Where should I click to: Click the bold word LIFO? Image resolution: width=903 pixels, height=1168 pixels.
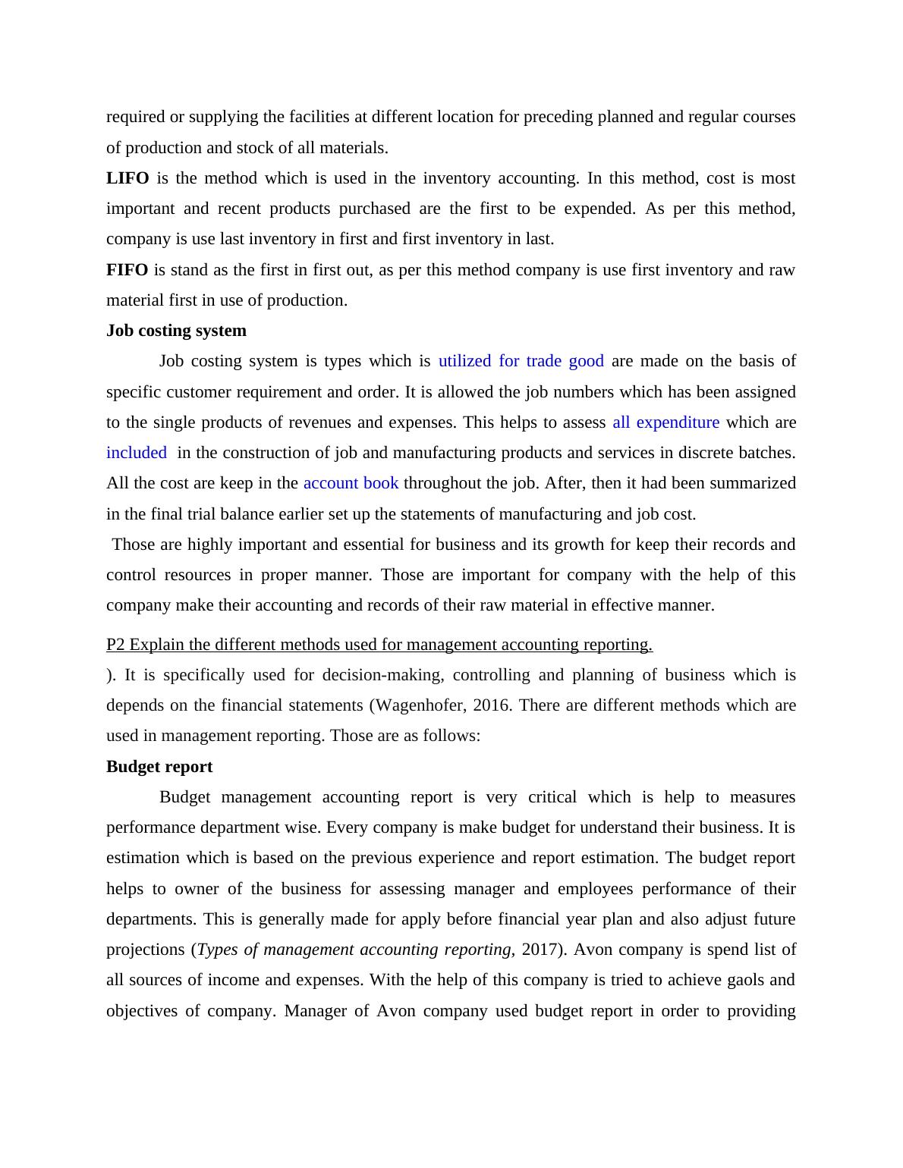[127, 178]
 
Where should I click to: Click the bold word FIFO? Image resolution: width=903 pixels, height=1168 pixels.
[127, 270]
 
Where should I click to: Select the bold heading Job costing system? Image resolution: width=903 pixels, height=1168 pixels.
[176, 331]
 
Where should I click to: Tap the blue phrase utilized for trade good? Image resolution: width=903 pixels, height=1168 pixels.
[521, 361]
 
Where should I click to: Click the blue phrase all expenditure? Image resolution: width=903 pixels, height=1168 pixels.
[665, 422]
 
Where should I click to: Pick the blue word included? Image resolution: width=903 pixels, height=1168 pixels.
[137, 453]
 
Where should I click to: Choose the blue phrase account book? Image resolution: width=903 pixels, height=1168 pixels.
[351, 483]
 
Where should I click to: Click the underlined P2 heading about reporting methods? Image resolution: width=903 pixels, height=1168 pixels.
[379, 645]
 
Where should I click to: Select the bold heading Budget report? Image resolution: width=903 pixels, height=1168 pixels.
[159, 767]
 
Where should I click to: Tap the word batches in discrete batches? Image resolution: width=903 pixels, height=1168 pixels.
[769, 453]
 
